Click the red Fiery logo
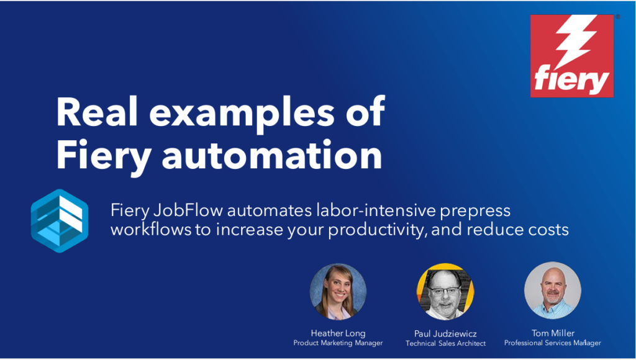pyautogui.click(x=571, y=56)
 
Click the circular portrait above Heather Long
pyautogui.click(x=338, y=291)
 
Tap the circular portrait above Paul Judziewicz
pyautogui.click(x=445, y=291)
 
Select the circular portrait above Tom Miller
pyautogui.click(x=552, y=290)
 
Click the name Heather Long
pyautogui.click(x=338, y=333)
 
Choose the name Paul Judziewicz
pyautogui.click(x=445, y=333)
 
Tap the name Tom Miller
pyautogui.click(x=552, y=333)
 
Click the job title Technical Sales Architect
pyautogui.click(x=445, y=343)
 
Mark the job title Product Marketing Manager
pyautogui.click(x=338, y=343)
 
